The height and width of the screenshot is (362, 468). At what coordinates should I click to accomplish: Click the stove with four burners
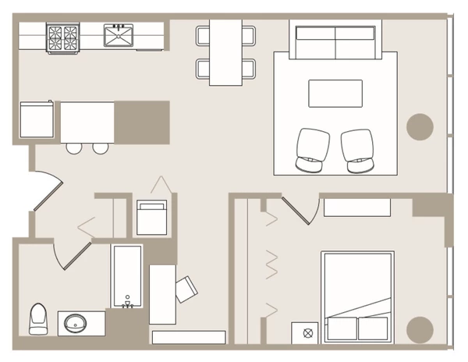pyautogui.click(x=63, y=37)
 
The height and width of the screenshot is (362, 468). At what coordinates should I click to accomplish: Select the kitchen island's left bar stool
pyautogui.click(x=73, y=147)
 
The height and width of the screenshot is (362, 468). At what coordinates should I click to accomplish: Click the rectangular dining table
pyautogui.click(x=226, y=51)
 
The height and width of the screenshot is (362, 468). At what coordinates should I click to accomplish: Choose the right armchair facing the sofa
pyautogui.click(x=359, y=150)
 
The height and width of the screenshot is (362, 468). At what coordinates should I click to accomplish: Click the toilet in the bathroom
pyautogui.click(x=38, y=319)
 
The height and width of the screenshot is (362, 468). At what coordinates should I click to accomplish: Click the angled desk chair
pyautogui.click(x=186, y=289)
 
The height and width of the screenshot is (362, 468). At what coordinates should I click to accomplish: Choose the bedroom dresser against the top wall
pyautogui.click(x=356, y=208)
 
